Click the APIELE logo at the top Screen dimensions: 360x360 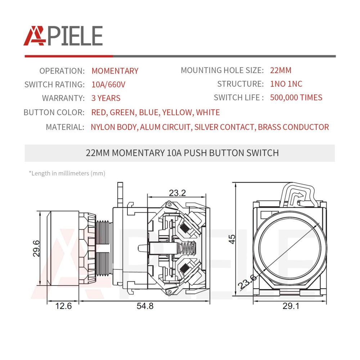[x=63, y=36]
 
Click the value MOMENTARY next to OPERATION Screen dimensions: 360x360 [x=115, y=71]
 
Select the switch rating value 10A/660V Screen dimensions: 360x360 [x=108, y=85]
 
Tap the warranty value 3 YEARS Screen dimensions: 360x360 [x=106, y=98]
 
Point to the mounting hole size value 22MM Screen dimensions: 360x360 [x=280, y=70]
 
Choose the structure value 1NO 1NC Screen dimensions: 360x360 [x=286, y=84]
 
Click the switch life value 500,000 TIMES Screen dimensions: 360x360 [x=296, y=98]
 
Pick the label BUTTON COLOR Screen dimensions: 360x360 [x=54, y=112]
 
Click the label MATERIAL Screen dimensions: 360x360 [x=65, y=127]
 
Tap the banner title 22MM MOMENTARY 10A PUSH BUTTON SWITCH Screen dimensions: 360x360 [x=182, y=153]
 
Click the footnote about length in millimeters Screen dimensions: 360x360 [x=67, y=174]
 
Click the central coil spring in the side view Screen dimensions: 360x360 [x=186, y=248]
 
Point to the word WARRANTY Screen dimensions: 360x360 [x=63, y=98]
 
